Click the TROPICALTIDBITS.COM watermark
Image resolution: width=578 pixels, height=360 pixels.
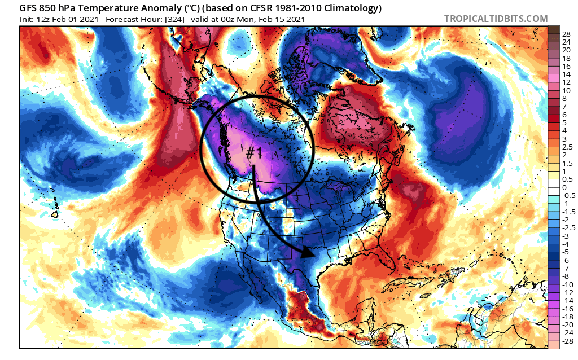pyautogui.click(x=496, y=19)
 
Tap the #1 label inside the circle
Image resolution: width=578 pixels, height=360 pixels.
pyautogui.click(x=253, y=152)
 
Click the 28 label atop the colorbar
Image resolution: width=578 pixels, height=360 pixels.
pyautogui.click(x=566, y=34)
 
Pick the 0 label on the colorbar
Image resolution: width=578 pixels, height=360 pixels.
pyautogui.click(x=564, y=187)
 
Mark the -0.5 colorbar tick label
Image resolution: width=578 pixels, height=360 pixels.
pyautogui.click(x=567, y=195)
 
